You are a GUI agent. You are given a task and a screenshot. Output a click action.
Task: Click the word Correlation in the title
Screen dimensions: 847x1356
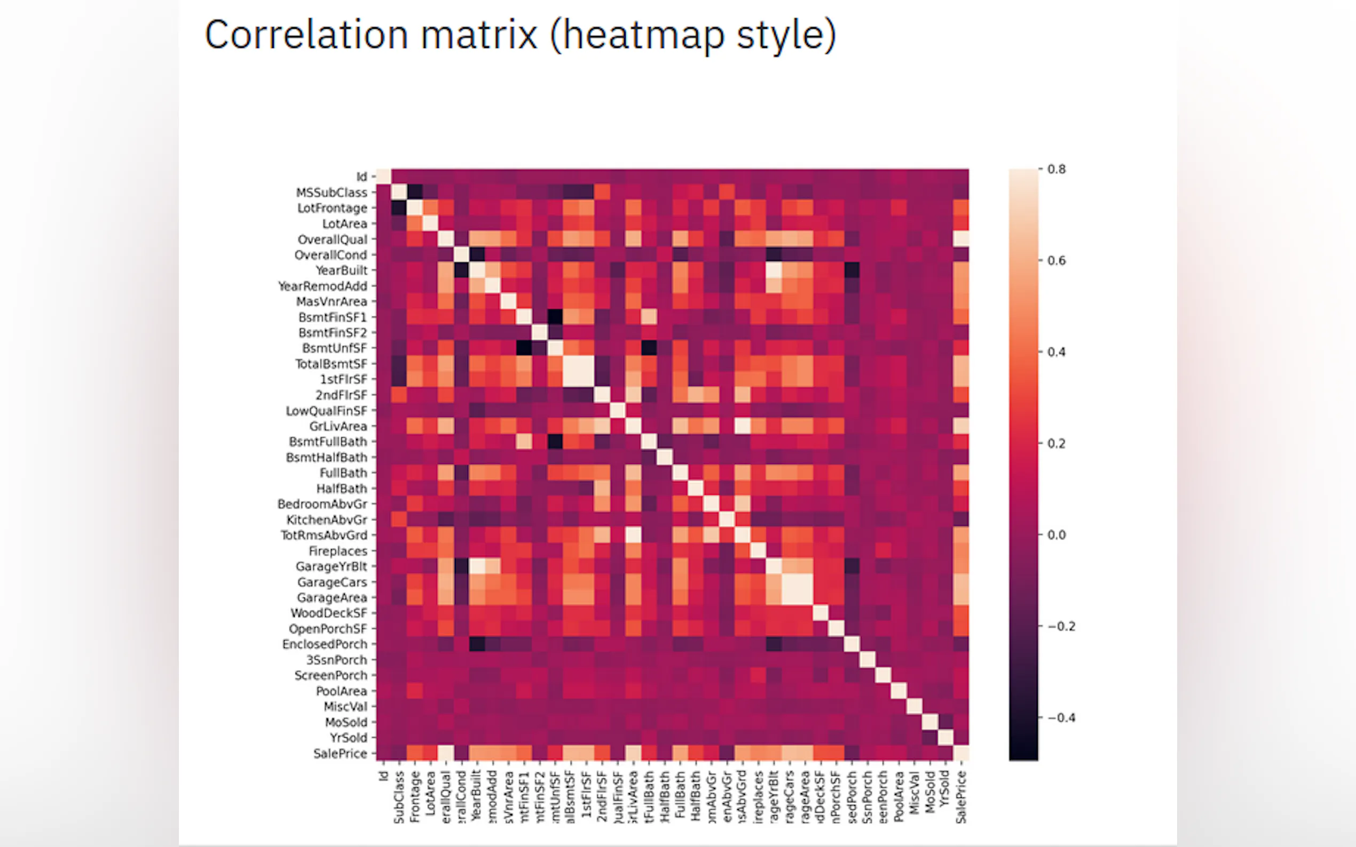[305, 35]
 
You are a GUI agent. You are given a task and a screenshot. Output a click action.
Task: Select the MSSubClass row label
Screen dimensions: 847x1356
[332, 193]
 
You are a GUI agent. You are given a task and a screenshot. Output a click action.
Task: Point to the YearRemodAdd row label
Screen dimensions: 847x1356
[322, 286]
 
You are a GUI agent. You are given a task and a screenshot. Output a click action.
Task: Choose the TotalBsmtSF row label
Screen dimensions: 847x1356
[331, 364]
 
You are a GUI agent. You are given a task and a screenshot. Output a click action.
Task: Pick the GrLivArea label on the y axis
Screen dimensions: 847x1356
[338, 426]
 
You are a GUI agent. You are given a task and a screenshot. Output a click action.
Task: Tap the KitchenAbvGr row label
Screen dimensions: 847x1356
[327, 520]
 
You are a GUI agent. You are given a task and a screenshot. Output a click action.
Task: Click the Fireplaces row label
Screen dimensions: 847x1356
[337, 551]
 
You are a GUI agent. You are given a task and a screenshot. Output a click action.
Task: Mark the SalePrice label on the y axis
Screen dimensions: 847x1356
[340, 754]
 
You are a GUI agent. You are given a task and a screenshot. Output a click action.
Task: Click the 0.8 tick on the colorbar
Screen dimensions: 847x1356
[1056, 169]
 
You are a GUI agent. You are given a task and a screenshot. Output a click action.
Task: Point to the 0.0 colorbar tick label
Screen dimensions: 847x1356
[1056, 535]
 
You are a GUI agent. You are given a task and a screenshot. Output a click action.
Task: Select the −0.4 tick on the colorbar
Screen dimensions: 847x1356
[1061, 718]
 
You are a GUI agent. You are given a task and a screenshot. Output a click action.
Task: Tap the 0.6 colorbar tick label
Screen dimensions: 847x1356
[1056, 260]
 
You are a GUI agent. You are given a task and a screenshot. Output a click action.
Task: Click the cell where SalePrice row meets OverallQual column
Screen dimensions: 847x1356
[446, 753]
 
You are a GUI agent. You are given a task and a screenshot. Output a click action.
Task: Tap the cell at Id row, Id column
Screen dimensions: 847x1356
[383, 177]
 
